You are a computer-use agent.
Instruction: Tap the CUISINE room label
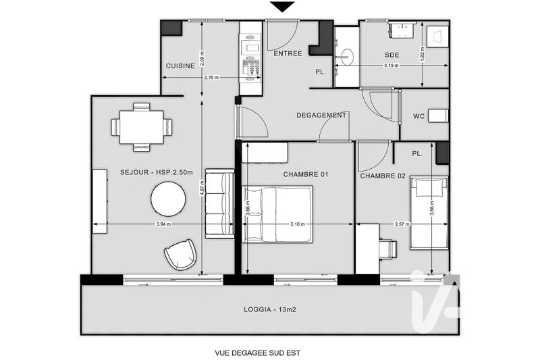point(180,66)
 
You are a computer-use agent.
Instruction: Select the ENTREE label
point(288,53)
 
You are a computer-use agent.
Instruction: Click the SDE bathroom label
point(392,55)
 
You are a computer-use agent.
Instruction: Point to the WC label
point(419,116)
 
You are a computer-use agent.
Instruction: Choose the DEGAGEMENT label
point(321,115)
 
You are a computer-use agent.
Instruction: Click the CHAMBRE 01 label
point(306,175)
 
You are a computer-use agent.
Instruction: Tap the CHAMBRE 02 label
point(383,176)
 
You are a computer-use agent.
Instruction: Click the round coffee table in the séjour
point(168,199)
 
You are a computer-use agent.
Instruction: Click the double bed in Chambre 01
point(277,214)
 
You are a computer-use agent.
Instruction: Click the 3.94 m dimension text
point(163,224)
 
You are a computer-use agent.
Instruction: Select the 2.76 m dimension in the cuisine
point(211,78)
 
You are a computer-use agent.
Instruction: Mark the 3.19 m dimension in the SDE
point(391,66)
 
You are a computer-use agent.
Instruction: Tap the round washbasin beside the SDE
point(347,57)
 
